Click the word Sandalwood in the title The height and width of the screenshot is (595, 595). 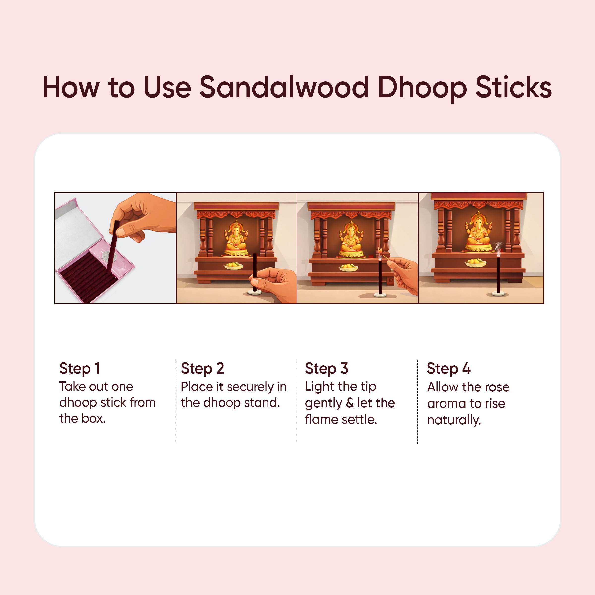(x=284, y=88)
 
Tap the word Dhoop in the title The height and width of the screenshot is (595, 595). (x=422, y=88)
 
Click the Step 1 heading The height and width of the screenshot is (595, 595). (x=80, y=368)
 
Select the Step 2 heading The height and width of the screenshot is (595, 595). (x=202, y=368)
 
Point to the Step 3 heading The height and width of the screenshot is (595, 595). (x=327, y=368)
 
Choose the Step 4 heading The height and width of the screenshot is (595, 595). (x=448, y=368)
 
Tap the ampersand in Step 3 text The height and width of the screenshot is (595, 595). (x=350, y=403)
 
